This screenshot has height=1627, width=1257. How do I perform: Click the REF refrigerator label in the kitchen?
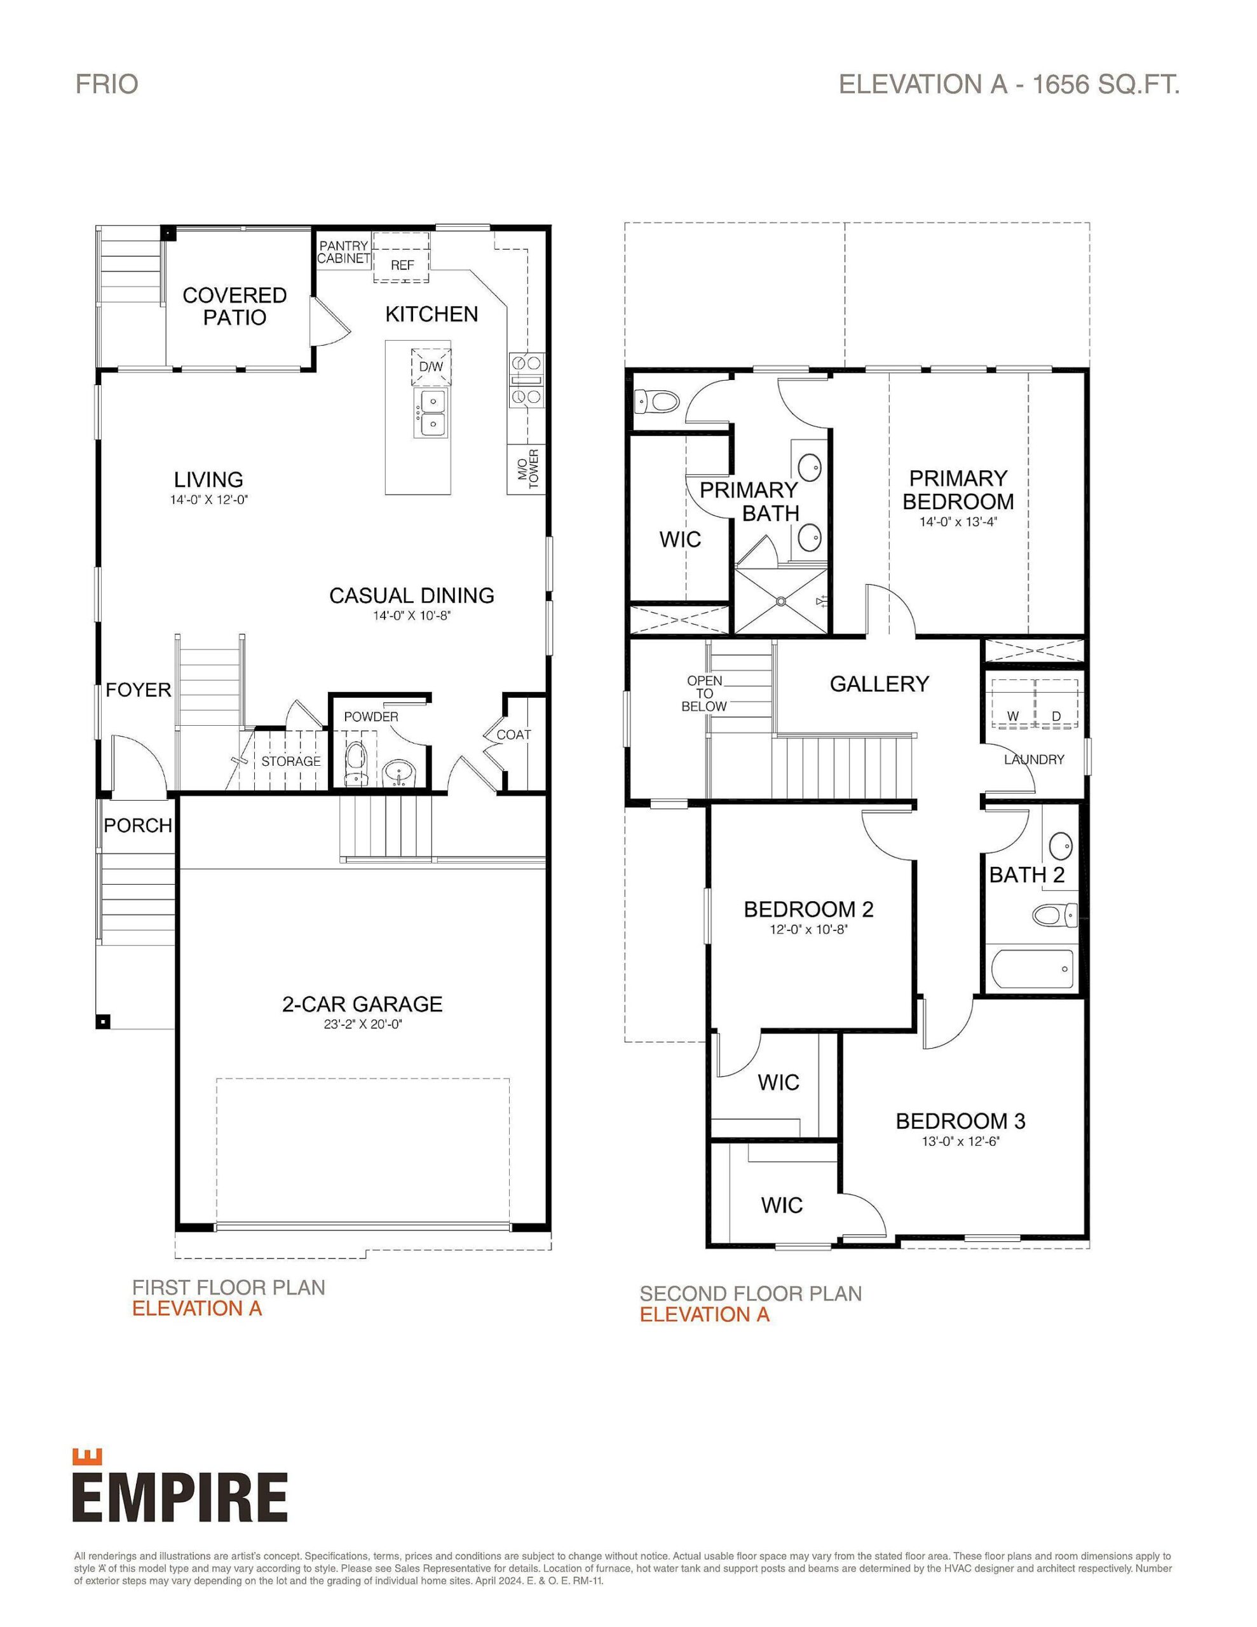tap(402, 265)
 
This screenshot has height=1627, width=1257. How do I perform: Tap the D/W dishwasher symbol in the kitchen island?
tap(430, 367)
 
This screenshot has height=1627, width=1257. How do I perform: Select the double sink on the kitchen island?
tap(432, 414)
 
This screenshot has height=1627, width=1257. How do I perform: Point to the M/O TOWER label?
tap(527, 468)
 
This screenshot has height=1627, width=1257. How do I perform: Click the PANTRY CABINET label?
tap(344, 252)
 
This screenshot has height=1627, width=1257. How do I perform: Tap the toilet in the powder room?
tap(356, 761)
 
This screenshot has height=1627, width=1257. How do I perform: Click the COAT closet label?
tap(513, 735)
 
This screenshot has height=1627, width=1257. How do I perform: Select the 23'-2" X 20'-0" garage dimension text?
tap(363, 1025)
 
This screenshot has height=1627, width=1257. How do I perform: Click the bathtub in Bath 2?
tap(1033, 969)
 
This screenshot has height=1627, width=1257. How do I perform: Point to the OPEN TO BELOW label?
tap(704, 693)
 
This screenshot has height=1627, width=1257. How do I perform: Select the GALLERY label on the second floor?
tap(880, 684)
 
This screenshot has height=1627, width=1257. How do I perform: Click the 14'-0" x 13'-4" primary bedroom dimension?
tap(958, 522)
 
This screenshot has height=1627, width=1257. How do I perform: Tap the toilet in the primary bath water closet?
tap(657, 402)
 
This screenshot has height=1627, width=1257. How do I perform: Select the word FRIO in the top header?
tap(107, 84)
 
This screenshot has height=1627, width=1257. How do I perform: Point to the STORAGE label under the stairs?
tap(290, 761)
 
